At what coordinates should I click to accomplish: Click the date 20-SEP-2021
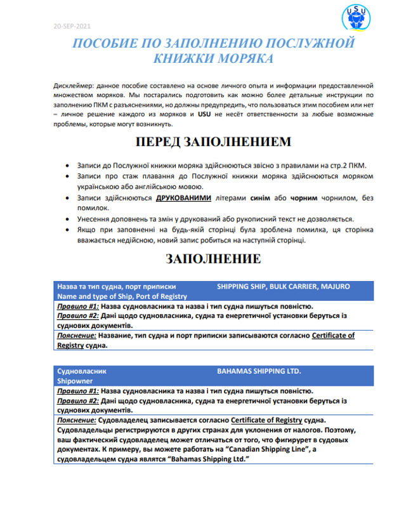(x=72, y=27)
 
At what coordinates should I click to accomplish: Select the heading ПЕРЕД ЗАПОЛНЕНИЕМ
(x=214, y=141)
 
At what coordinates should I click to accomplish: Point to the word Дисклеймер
(x=74, y=85)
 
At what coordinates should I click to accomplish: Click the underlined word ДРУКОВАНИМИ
(x=183, y=198)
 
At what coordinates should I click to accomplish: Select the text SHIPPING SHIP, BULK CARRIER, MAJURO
(x=283, y=287)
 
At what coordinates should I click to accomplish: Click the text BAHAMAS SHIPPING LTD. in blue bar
(x=259, y=371)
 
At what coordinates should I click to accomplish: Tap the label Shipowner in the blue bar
(x=75, y=381)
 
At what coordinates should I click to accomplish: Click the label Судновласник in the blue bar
(x=82, y=371)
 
